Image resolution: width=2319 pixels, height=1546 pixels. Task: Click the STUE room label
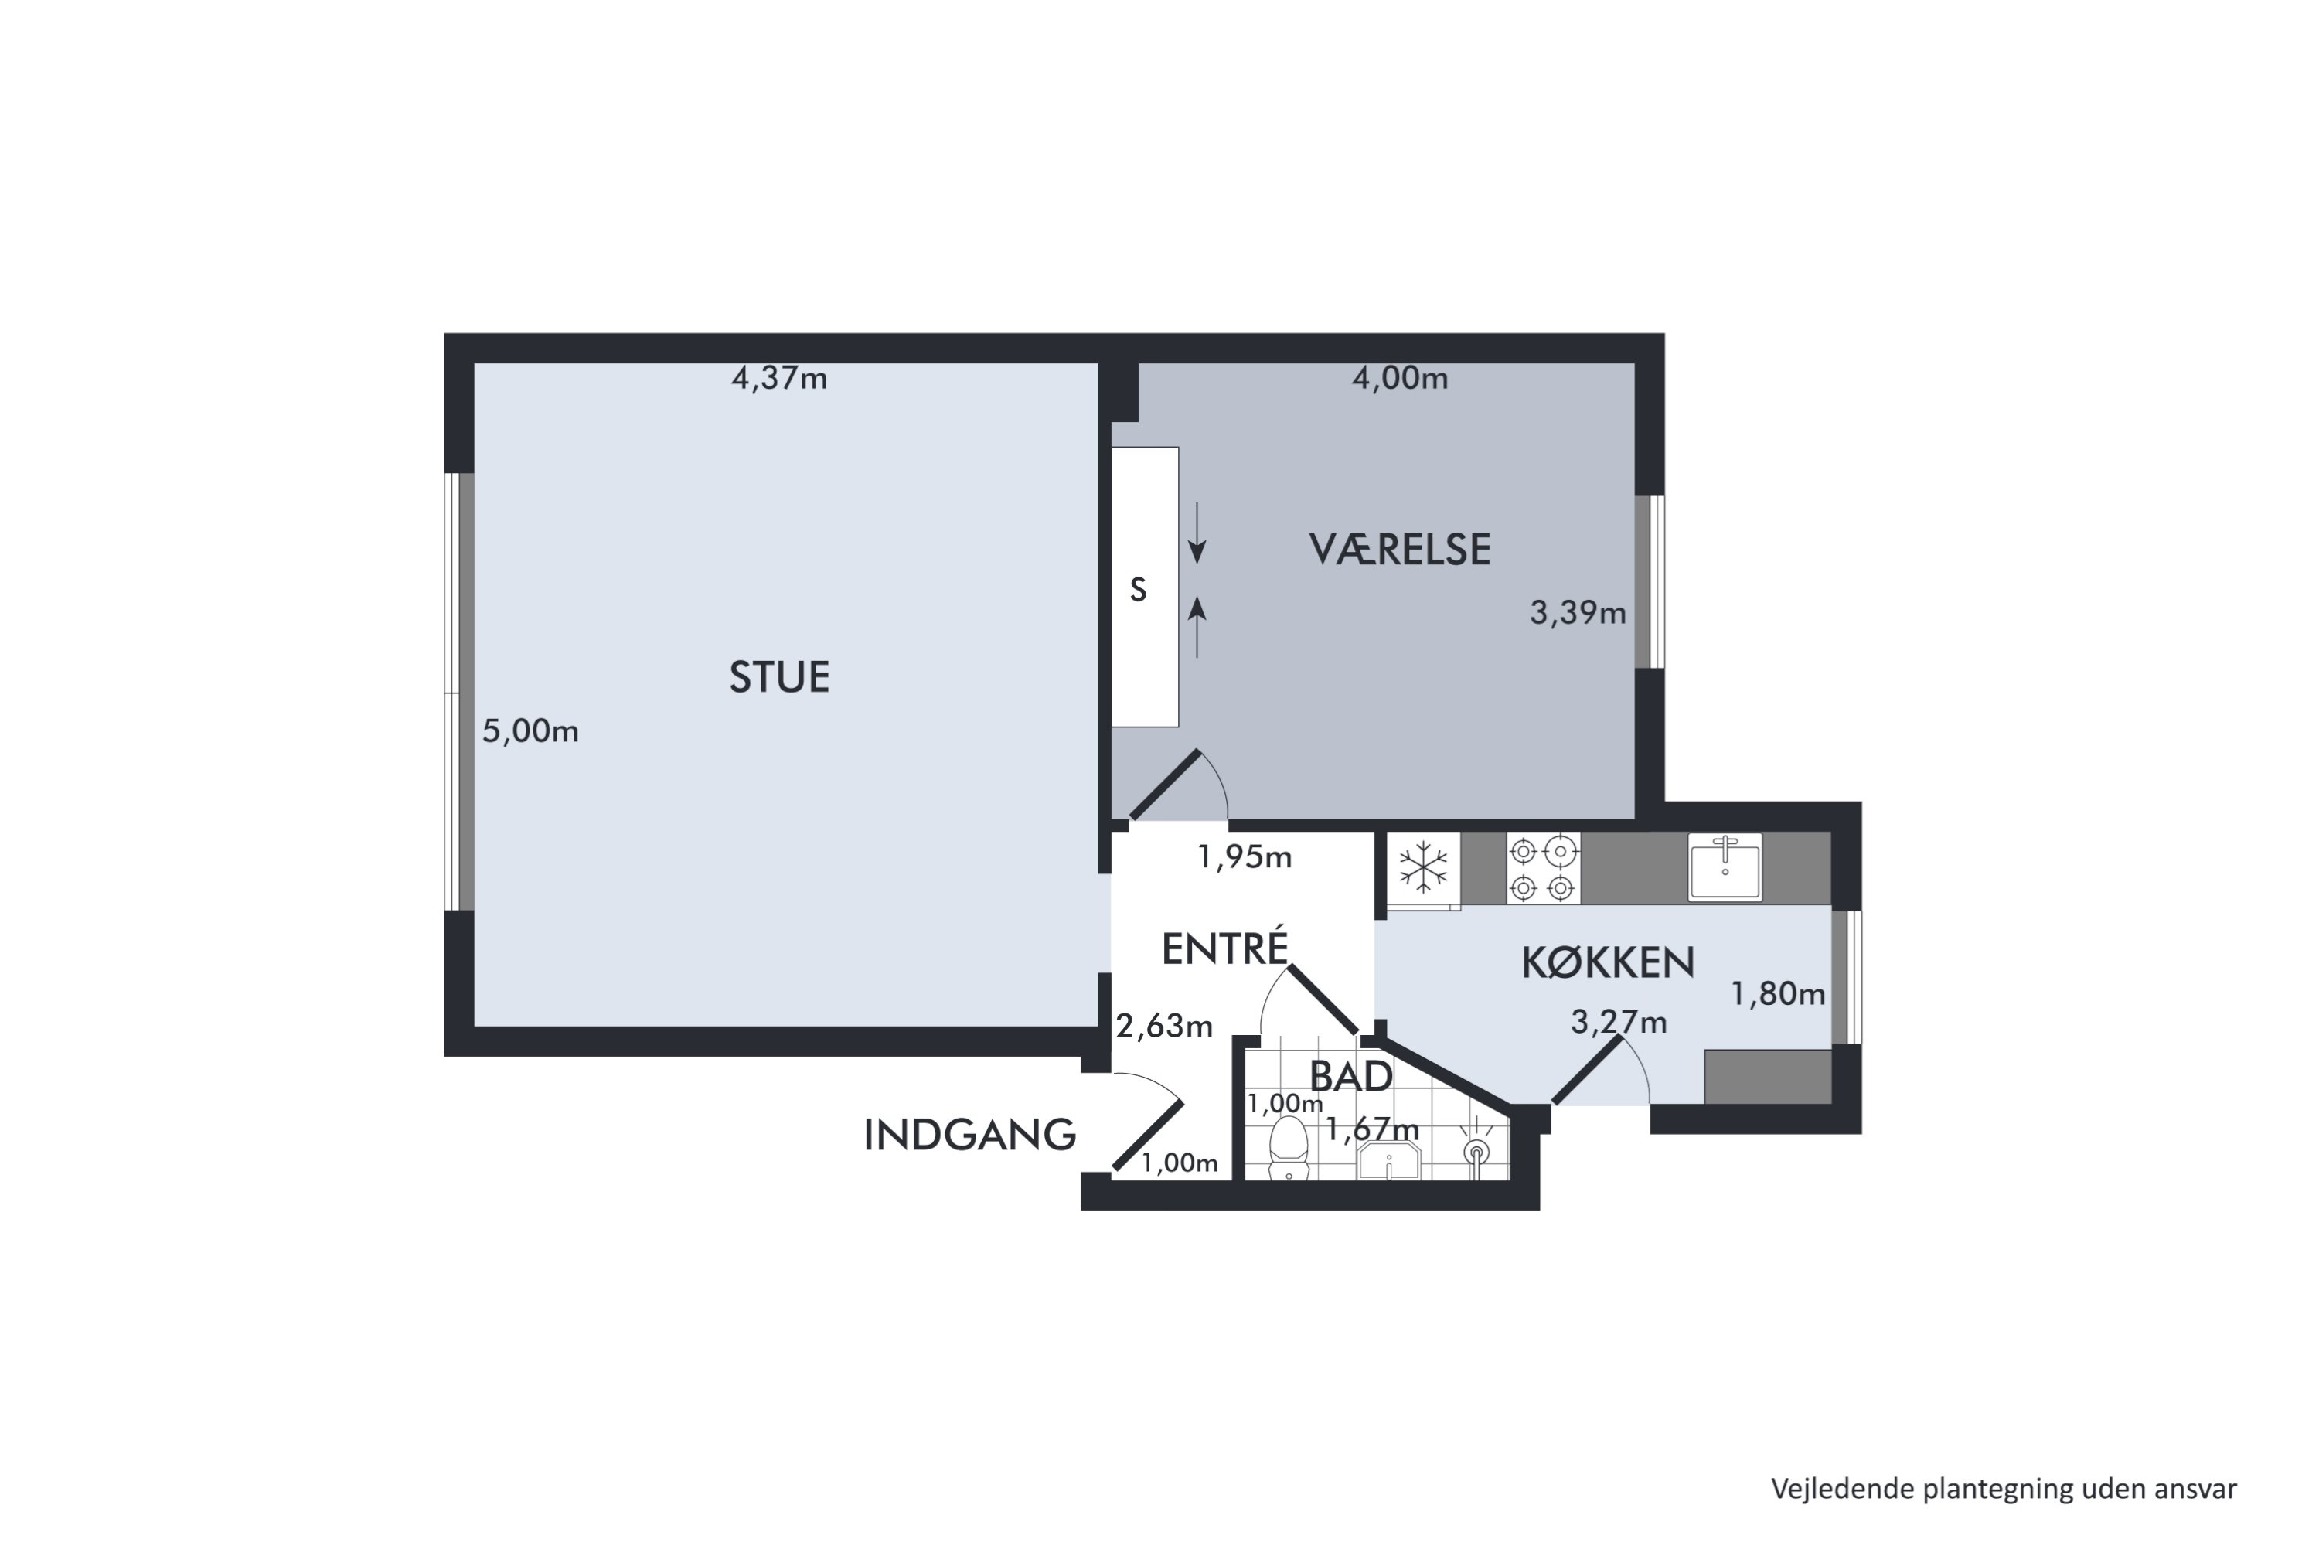tap(779, 677)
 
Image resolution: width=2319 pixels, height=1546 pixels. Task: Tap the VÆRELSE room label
tap(1399, 549)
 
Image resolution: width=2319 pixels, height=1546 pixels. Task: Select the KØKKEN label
tap(1607, 962)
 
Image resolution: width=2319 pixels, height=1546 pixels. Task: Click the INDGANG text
tap(969, 1135)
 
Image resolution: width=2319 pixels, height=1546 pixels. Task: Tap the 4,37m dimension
tap(779, 379)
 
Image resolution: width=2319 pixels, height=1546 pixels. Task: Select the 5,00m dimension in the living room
tap(530, 730)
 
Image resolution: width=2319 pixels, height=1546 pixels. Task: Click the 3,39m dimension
tap(1578, 613)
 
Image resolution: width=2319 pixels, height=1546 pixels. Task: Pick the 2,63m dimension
tap(1163, 1027)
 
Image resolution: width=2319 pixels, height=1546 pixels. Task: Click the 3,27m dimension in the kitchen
tap(1618, 1023)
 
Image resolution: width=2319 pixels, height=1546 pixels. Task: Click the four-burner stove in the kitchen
tap(1543, 867)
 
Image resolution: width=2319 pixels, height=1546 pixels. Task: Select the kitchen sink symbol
tap(1725, 867)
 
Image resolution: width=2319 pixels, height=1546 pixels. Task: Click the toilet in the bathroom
tap(1288, 1149)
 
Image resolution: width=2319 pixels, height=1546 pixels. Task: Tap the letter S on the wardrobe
tap(1138, 590)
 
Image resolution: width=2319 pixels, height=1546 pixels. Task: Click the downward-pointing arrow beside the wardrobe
tap(1197, 533)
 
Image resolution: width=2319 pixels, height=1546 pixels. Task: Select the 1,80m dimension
tap(1778, 994)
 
